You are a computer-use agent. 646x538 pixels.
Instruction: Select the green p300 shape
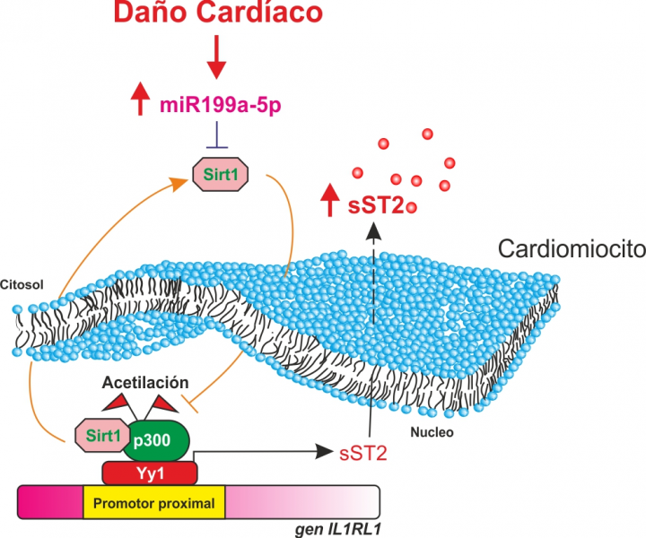160,438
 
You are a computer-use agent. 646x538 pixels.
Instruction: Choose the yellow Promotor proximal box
153,503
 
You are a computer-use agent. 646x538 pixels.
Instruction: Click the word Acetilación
144,378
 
